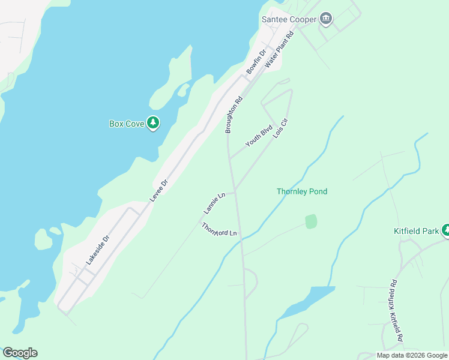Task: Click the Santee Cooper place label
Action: point(289,19)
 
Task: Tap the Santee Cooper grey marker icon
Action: point(326,19)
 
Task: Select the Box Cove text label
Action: point(126,124)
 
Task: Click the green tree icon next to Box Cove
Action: point(154,123)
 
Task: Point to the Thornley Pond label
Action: point(302,191)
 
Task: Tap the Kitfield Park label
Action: point(415,231)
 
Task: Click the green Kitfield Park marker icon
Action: point(445,230)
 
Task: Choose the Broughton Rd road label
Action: point(234,115)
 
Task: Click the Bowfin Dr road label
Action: point(256,62)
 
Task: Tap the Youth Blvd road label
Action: point(259,136)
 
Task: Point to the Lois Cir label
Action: point(281,128)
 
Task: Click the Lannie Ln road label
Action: point(214,203)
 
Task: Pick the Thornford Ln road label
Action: point(220,230)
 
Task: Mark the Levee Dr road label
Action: point(159,190)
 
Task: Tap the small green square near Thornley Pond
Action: point(311,221)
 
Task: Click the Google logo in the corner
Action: point(20,353)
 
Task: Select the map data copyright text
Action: point(412,355)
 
